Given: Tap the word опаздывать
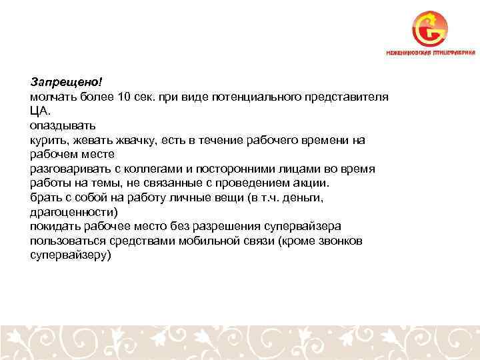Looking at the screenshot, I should pyautogui.click(x=63, y=125).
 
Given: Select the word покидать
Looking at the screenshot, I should pyautogui.click(x=56, y=227).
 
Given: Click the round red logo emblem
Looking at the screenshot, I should pyautogui.click(x=430, y=29).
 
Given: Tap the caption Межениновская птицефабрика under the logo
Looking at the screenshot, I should pyautogui.click(x=431, y=52).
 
